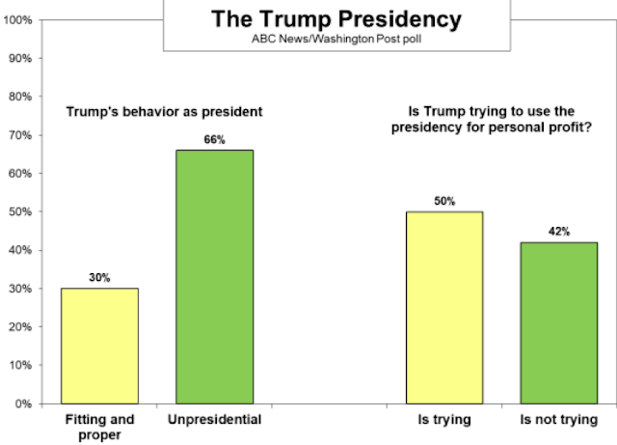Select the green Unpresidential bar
pos(214,276)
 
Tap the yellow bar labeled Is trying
pos(445,307)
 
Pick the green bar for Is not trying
pos(558,322)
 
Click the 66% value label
pos(214,140)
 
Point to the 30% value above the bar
pos(101,278)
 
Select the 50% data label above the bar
pos(445,202)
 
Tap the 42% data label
pos(558,232)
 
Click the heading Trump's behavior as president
pos(164,111)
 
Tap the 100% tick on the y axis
pos(18,19)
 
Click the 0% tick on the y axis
pos(24,404)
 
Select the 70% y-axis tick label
pos(21,134)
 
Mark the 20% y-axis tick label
pos(21,327)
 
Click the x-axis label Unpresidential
pos(214,420)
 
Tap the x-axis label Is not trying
pos(558,420)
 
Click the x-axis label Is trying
pos(445,420)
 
